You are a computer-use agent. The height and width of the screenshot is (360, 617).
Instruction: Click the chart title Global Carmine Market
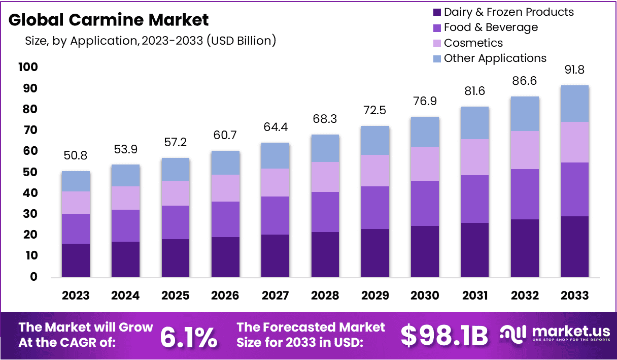click(109, 20)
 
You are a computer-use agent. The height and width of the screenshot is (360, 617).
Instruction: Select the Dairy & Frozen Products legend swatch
click(437, 12)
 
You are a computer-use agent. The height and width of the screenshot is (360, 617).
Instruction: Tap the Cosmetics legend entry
click(473, 43)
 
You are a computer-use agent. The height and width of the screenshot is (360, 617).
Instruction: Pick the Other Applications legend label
click(495, 58)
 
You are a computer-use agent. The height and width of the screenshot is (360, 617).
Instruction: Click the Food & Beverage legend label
click(490, 27)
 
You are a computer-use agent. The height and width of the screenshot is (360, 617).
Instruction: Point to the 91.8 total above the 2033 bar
click(575, 70)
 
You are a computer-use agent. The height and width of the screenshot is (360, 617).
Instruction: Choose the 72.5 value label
click(375, 110)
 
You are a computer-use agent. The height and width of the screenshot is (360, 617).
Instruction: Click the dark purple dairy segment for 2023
click(76, 260)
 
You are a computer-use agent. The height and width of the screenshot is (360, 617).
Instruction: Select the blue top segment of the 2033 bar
click(575, 104)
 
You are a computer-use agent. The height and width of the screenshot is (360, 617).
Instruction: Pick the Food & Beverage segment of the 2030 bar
click(425, 203)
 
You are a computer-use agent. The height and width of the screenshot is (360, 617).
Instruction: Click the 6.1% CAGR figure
click(189, 336)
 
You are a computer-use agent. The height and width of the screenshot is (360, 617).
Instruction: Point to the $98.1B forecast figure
click(444, 335)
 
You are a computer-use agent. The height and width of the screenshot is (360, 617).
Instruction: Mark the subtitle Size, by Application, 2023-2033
click(150, 41)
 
